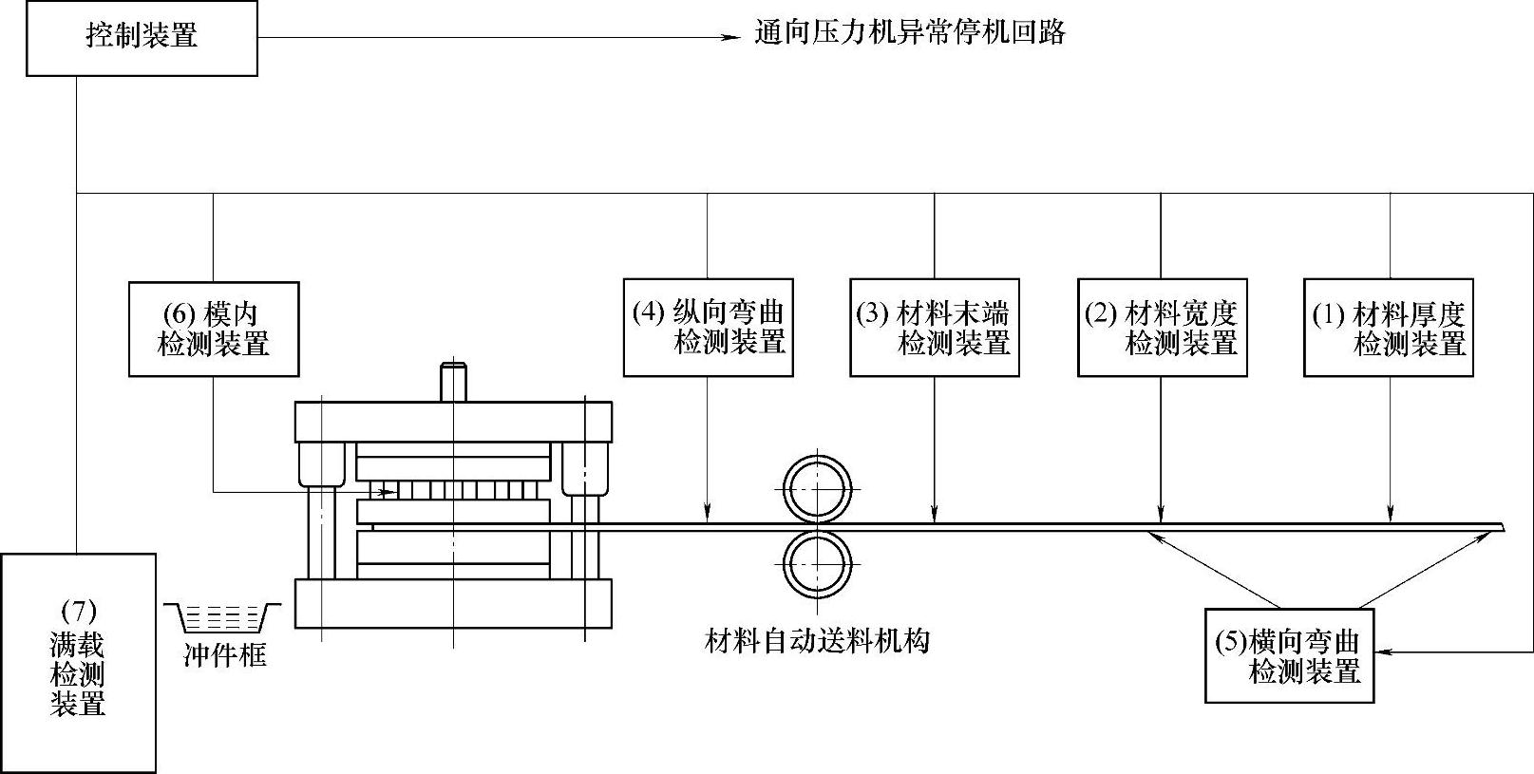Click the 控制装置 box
[142, 38]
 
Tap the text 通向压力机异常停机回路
[910, 34]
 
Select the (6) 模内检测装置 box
[214, 329]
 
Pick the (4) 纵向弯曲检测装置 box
[709, 328]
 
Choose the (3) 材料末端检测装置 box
[935, 328]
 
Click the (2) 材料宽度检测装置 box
[1162, 328]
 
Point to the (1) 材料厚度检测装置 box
[1389, 328]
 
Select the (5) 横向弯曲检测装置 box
[1289, 655]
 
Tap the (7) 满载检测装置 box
[78, 663]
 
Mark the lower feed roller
[816, 563]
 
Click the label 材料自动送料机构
[817, 641]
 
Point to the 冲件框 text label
[224, 655]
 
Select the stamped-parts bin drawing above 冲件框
[223, 618]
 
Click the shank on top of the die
[453, 382]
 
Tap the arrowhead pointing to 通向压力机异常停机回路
[731, 38]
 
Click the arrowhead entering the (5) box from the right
[1382, 651]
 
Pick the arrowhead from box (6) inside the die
[388, 492]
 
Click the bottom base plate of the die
[453, 603]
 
